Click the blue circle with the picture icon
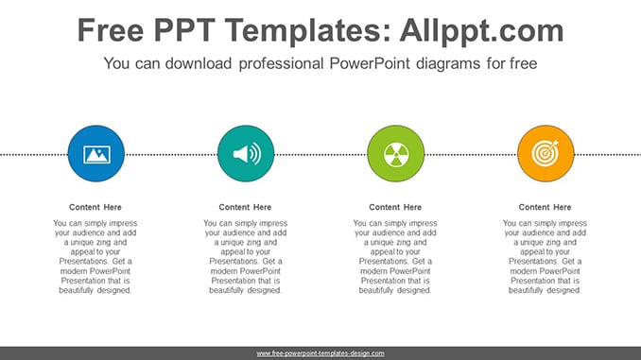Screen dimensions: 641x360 [x=96, y=154]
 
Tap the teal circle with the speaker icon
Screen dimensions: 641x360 [x=246, y=154]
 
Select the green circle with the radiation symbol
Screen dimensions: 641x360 [x=396, y=154]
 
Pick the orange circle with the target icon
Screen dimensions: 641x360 [x=546, y=154]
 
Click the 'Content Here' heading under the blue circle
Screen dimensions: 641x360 [x=95, y=207]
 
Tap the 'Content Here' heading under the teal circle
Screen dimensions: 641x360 [x=245, y=207]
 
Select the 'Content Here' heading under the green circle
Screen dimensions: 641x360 [x=395, y=207]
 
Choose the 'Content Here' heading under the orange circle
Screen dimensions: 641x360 [x=545, y=207]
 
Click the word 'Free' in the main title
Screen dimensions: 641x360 [x=111, y=30]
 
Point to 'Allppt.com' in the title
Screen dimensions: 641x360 [x=481, y=31]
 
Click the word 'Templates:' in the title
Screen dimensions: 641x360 [x=308, y=31]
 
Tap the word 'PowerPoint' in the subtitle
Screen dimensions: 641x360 [x=370, y=63]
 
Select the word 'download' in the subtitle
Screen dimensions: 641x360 [x=199, y=63]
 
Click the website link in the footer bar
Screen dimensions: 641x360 [x=320, y=353]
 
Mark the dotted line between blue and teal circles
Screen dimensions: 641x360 [x=171, y=154]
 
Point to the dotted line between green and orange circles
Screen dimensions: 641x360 [x=471, y=154]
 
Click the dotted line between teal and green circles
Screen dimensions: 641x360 [x=320, y=154]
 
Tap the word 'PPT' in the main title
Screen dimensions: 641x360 [x=184, y=30]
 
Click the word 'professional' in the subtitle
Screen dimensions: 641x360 [x=281, y=63]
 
